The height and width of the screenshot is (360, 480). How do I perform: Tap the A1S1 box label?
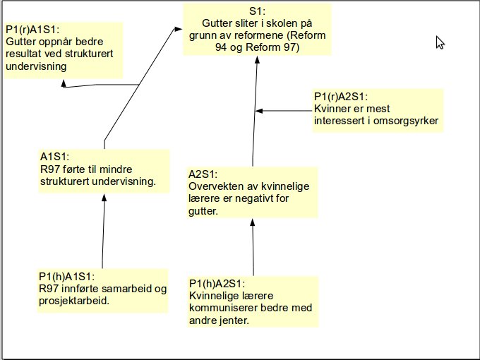(x=54, y=157)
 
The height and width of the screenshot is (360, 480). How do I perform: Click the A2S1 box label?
(x=203, y=174)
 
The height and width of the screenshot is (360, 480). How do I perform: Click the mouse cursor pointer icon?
(x=440, y=42)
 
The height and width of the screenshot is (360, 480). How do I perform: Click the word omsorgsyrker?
(x=407, y=121)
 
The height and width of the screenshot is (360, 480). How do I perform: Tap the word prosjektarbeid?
(x=78, y=301)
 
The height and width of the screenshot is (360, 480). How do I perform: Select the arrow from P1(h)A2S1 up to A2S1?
(x=253, y=247)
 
